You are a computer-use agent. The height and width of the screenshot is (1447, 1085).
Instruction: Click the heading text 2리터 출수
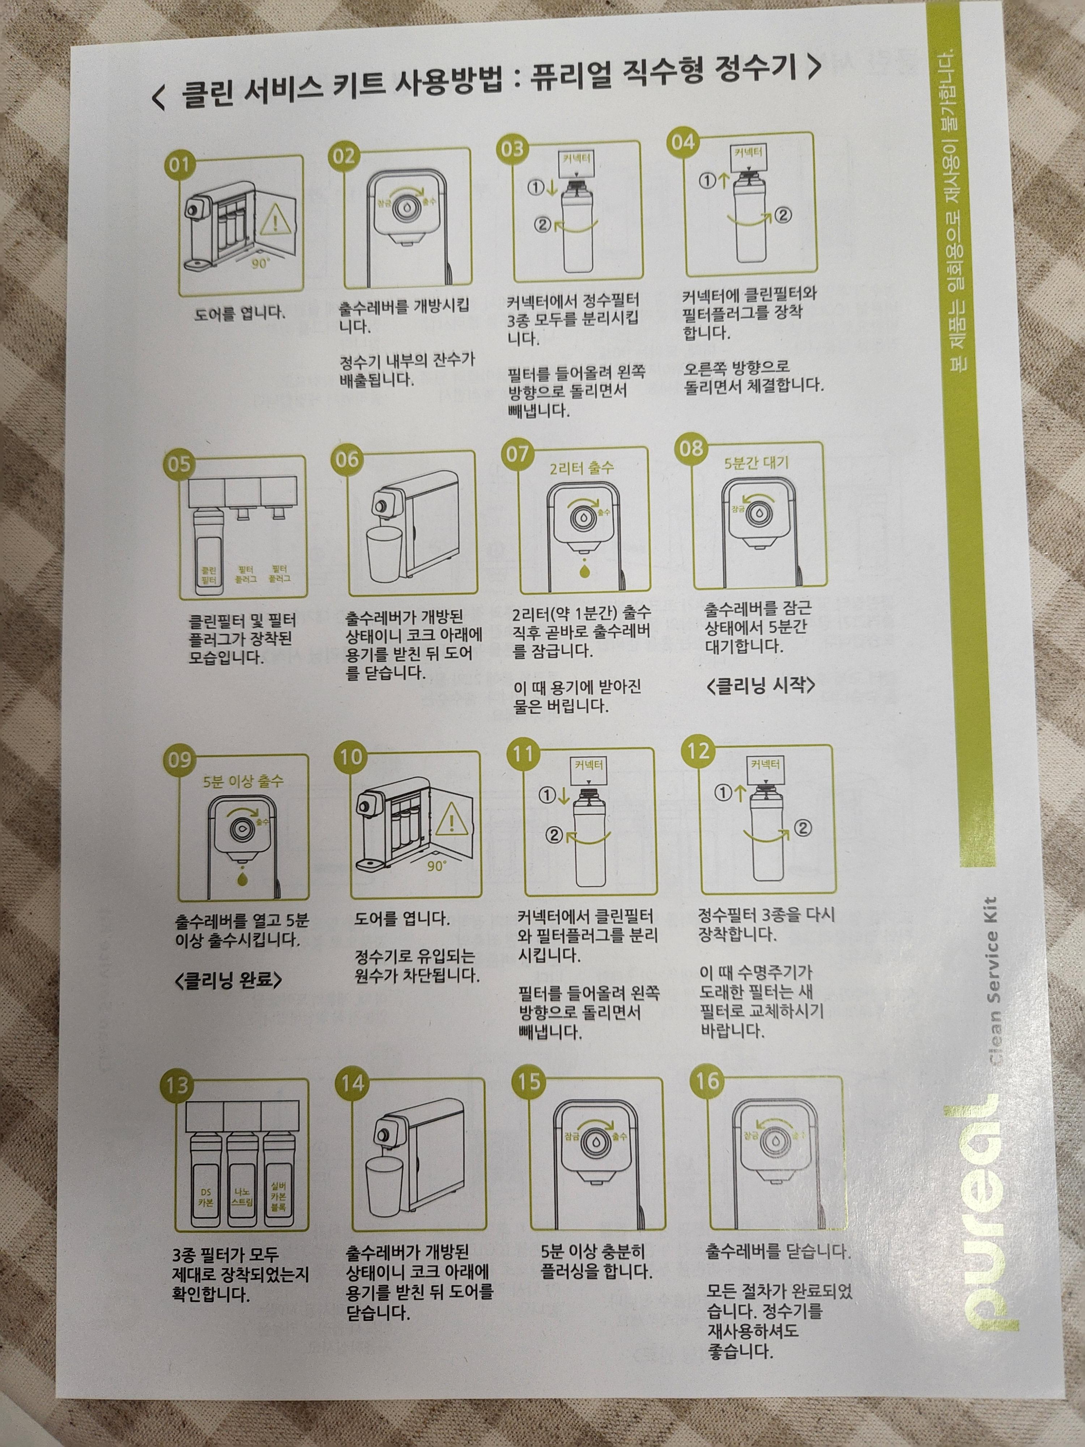pyautogui.click(x=582, y=468)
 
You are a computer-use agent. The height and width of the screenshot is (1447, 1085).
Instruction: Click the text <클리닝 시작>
pyautogui.click(x=761, y=686)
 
